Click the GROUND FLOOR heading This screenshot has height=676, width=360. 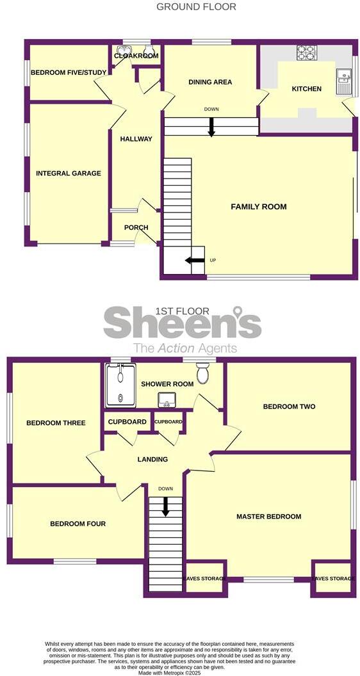(197, 7)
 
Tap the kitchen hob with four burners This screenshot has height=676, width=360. (306, 52)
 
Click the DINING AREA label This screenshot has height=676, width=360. (210, 82)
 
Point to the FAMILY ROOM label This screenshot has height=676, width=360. (259, 207)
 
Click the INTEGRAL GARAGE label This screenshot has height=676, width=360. (69, 173)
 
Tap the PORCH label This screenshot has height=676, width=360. (136, 227)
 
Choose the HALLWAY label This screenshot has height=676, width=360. (136, 139)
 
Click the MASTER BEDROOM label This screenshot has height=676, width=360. (268, 517)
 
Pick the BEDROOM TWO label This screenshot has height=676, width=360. (289, 406)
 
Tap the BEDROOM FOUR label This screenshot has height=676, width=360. (78, 524)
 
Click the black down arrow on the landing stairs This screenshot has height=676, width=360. (165, 507)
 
